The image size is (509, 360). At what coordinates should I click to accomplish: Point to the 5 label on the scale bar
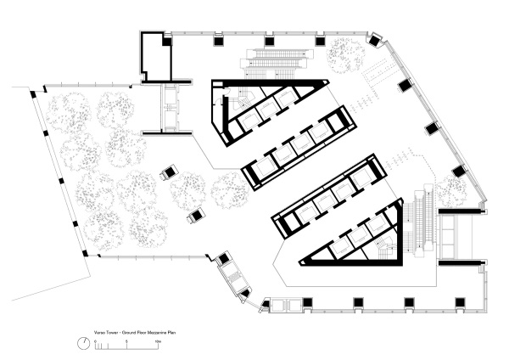(x=126, y=340)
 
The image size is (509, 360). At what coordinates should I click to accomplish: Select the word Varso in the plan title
(x=100, y=324)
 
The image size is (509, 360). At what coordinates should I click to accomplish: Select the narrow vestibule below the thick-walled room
(x=171, y=110)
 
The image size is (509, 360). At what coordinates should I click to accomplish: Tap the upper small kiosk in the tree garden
(x=169, y=172)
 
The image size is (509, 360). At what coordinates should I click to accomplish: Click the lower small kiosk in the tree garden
(x=195, y=215)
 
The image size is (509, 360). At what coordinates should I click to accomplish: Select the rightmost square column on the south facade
(x=461, y=302)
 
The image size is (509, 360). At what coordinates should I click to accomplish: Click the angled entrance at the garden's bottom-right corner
(x=230, y=273)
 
